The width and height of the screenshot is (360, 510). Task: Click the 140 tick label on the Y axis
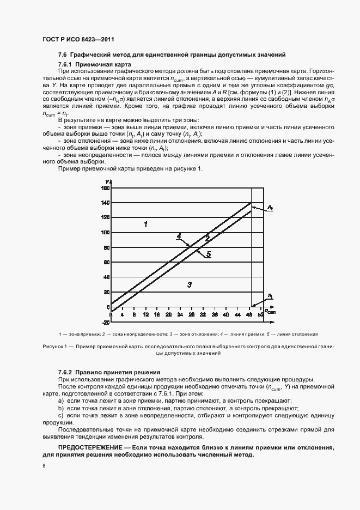104,203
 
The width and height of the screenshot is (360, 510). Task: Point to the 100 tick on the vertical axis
104,233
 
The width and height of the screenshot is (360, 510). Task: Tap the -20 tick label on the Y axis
104,322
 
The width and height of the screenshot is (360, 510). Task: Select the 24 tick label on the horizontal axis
168,315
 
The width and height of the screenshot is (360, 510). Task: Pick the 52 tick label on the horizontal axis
260,315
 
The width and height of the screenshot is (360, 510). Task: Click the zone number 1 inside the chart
145,224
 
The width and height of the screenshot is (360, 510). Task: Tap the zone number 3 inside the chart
189,284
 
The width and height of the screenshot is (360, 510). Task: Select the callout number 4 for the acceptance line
178,236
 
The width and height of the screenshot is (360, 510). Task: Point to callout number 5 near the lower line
209,254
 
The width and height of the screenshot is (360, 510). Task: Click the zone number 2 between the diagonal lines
207,238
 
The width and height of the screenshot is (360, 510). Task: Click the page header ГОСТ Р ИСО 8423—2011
77,39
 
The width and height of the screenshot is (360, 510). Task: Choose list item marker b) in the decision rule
61,408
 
